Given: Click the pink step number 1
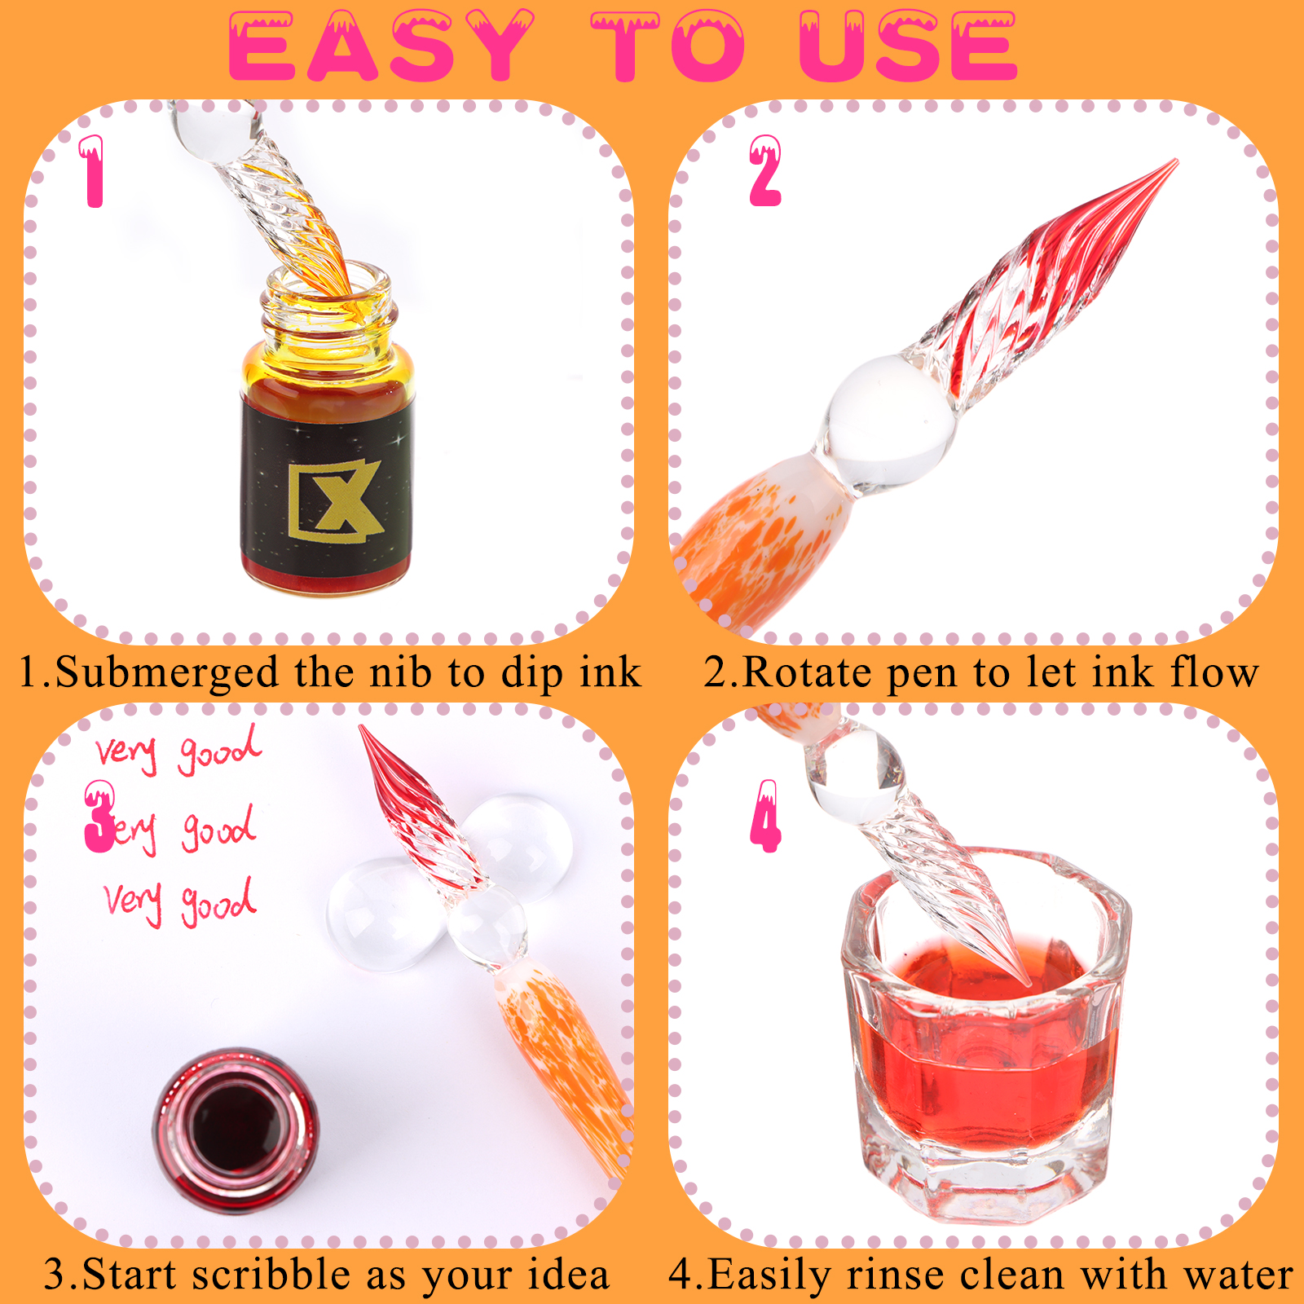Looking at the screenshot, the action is click(93, 171).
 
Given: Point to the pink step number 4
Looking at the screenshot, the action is click(766, 816).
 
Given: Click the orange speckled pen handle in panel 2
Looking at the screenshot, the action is click(758, 538).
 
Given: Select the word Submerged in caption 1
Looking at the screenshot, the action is click(167, 673).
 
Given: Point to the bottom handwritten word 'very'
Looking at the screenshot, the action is click(133, 901).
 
